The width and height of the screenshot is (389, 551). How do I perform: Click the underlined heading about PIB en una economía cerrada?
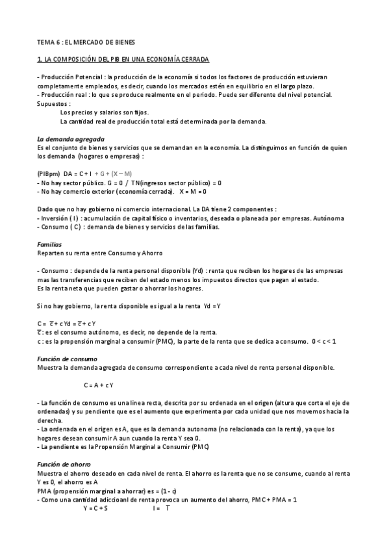click(123, 60)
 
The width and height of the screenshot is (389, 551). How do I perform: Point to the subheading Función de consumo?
click(67, 359)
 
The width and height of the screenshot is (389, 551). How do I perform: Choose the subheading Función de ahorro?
click(64, 465)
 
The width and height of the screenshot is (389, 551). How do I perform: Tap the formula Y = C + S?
click(95, 508)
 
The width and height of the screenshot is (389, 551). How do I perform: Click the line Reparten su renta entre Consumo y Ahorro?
click(100, 252)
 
